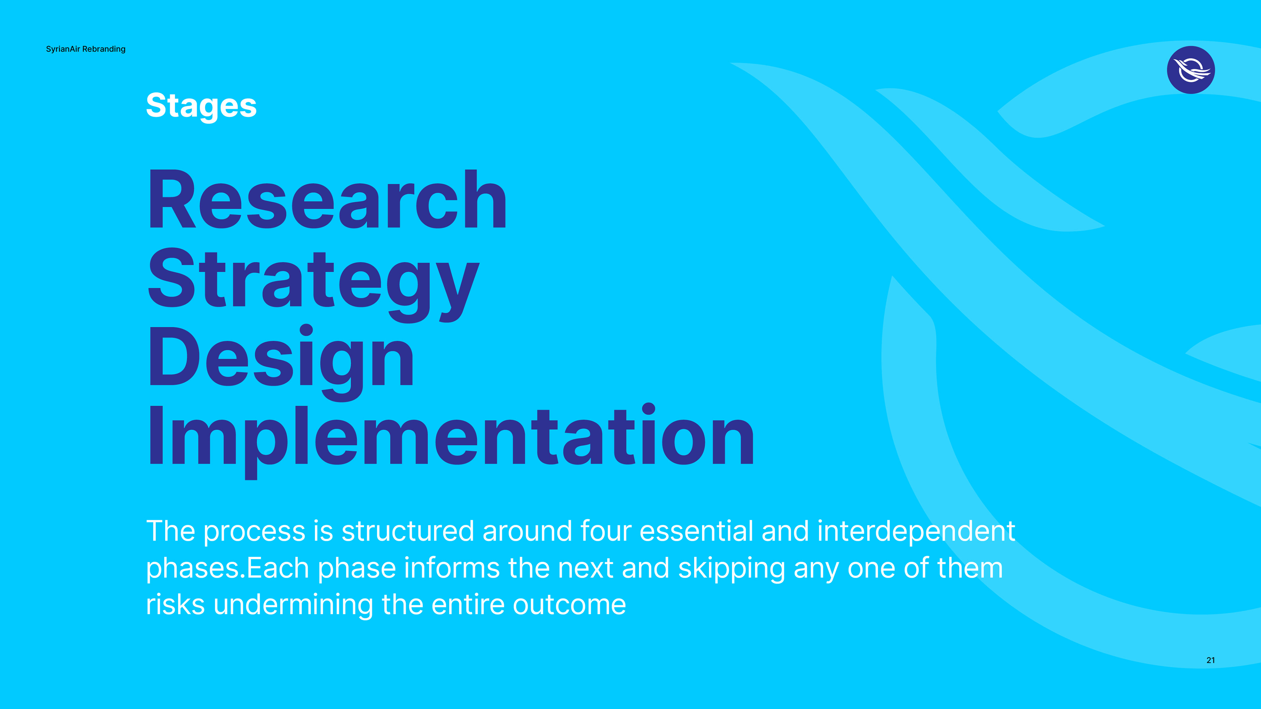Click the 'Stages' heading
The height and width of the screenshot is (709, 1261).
point(201,106)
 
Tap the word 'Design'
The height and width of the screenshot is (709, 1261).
point(281,362)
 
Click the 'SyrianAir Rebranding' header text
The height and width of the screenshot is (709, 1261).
point(86,49)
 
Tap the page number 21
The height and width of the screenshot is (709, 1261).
point(1210,660)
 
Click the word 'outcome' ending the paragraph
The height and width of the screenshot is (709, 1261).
point(569,606)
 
